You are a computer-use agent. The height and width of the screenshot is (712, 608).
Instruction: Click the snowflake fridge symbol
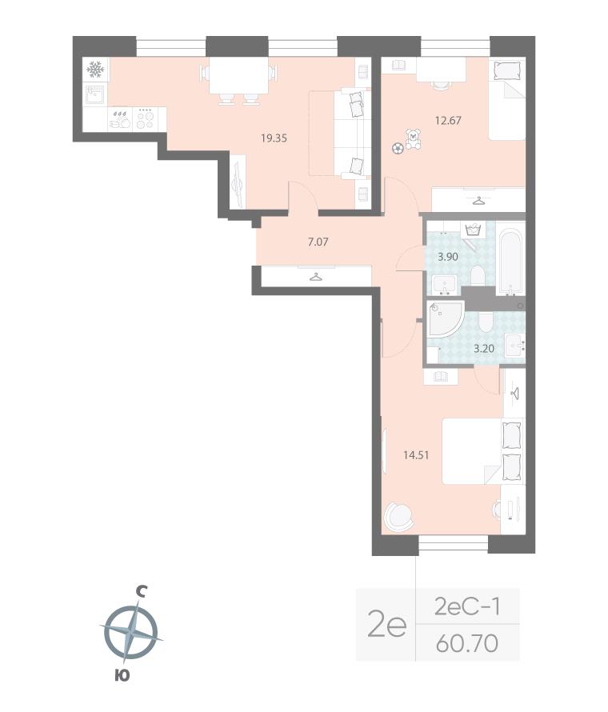tap(95, 70)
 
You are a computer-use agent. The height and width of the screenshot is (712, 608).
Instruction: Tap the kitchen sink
tap(96, 95)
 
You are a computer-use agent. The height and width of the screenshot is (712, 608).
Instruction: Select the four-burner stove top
tap(146, 119)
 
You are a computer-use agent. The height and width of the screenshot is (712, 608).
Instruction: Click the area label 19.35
tap(274, 138)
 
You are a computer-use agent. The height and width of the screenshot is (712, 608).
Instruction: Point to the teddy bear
tap(413, 139)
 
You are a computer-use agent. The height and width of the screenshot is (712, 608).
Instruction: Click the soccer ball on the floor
tap(398, 149)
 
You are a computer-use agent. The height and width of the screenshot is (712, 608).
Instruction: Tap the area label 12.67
tap(448, 120)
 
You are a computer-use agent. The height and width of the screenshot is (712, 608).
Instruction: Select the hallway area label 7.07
tap(318, 242)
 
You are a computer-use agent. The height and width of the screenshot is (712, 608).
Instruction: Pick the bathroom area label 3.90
tap(448, 257)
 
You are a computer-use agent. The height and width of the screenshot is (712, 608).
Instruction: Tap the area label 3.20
tap(484, 349)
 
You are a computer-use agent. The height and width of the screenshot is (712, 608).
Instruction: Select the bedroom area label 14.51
tap(416, 455)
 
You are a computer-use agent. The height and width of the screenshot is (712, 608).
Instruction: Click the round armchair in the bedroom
tap(399, 516)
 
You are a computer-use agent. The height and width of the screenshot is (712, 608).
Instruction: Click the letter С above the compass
tap(142, 591)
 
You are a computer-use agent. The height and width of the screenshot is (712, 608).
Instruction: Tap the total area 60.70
tap(466, 643)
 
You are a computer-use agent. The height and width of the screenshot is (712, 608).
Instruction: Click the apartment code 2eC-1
tap(467, 606)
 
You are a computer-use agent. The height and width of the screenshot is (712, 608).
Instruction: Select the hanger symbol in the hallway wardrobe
tap(316, 276)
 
